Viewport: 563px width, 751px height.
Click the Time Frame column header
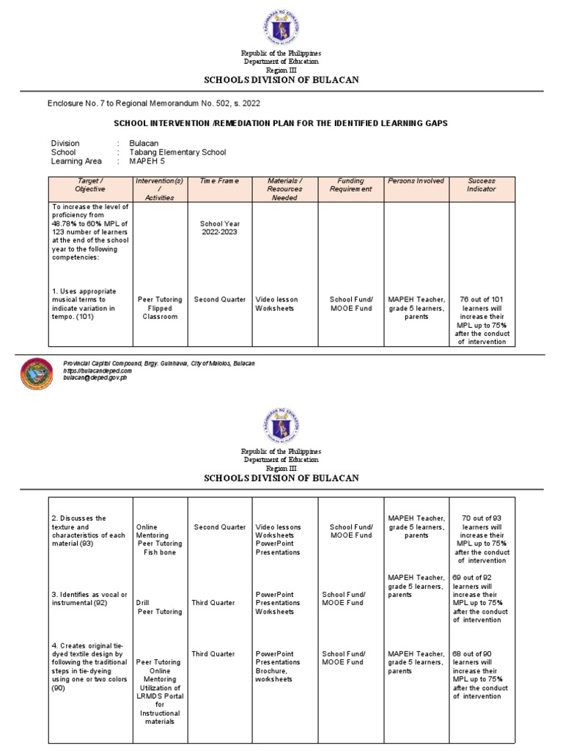pyautogui.click(x=220, y=180)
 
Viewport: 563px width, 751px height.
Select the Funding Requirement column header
pyautogui.click(x=350, y=185)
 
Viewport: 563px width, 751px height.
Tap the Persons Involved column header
pyautogui.click(x=416, y=180)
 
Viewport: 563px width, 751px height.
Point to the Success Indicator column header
pyautogui.click(x=481, y=185)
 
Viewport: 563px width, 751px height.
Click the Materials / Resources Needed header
pyautogui.click(x=284, y=188)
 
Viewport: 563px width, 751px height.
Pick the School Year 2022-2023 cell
pyautogui.click(x=220, y=227)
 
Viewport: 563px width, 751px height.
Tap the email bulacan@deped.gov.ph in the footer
pyautogui.click(x=97, y=376)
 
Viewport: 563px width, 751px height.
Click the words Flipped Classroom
pyautogui.click(x=160, y=312)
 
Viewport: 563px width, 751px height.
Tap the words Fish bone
pyautogui.click(x=160, y=552)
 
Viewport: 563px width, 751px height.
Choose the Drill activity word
pyautogui.click(x=143, y=603)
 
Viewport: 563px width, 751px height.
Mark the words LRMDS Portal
pyautogui.click(x=160, y=697)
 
